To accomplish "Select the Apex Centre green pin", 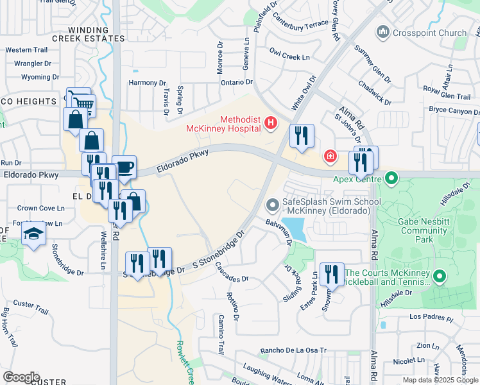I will [x=389, y=179].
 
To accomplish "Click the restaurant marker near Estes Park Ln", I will [x=331, y=275].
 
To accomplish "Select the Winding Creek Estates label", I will [x=89, y=34].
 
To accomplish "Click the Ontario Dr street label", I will [x=236, y=82].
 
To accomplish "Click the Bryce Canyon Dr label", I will [x=454, y=110].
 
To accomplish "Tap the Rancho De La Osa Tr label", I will [x=293, y=351].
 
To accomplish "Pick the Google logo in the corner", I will [x=21, y=377].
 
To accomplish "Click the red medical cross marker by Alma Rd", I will [x=330, y=156].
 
